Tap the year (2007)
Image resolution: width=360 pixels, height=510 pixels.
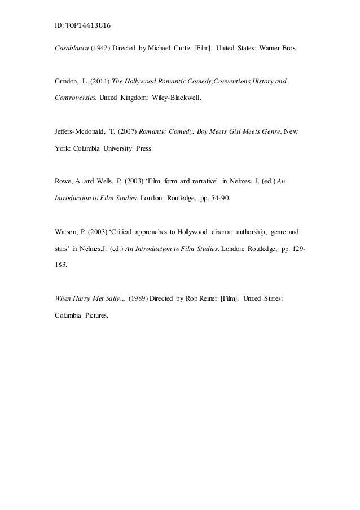tap(134, 132)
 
